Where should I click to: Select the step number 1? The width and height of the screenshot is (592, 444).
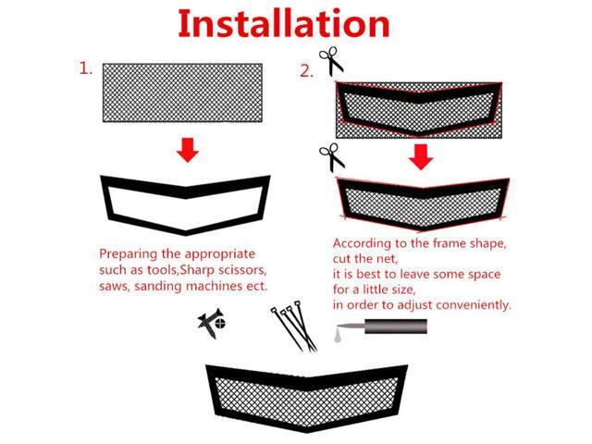(x=85, y=68)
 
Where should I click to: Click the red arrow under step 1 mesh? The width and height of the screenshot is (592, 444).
(x=188, y=149)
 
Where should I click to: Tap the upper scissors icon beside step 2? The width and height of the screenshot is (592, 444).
(x=331, y=61)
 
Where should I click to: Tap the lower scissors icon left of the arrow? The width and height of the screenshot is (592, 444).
(x=332, y=156)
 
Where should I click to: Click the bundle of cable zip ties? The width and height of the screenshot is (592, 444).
(x=293, y=327)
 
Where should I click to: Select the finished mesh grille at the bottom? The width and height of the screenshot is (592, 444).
(x=306, y=397)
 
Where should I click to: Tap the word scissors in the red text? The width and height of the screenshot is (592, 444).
(x=238, y=270)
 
